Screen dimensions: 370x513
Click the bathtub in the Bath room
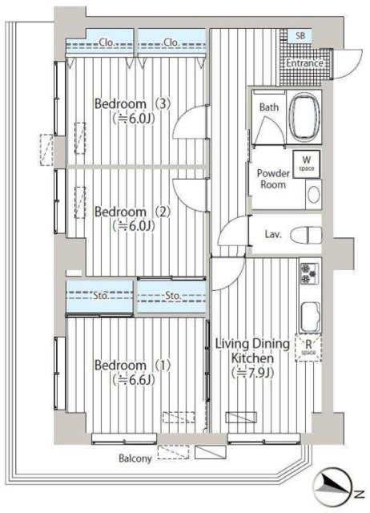point(304,115)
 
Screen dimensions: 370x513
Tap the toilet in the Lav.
point(306,234)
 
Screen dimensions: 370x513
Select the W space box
point(306,164)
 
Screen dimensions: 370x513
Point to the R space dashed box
point(308,347)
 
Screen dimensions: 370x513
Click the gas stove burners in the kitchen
point(309,273)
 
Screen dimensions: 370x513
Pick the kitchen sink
point(310,317)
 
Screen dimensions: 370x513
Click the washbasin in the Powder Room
point(313,195)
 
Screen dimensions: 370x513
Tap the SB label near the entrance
point(300,35)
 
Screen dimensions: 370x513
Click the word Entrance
point(305,63)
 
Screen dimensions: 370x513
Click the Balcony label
point(135,458)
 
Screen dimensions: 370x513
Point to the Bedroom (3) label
point(132,104)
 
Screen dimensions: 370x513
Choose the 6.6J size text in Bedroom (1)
point(134,379)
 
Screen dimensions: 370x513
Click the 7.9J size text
point(252,373)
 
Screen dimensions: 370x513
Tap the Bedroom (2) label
point(132,212)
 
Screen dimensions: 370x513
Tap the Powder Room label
point(273,179)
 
